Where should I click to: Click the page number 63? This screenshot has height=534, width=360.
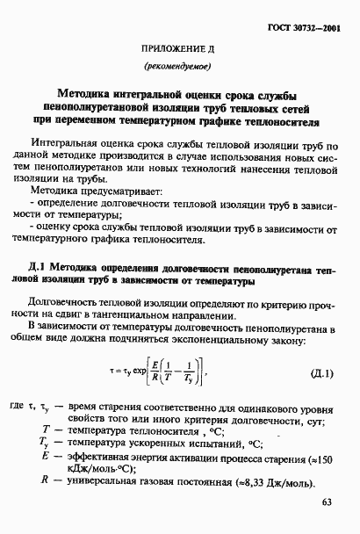click(x=328, y=502)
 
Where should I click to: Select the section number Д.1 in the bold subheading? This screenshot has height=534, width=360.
click(x=40, y=268)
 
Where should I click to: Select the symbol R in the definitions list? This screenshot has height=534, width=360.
click(x=44, y=480)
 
